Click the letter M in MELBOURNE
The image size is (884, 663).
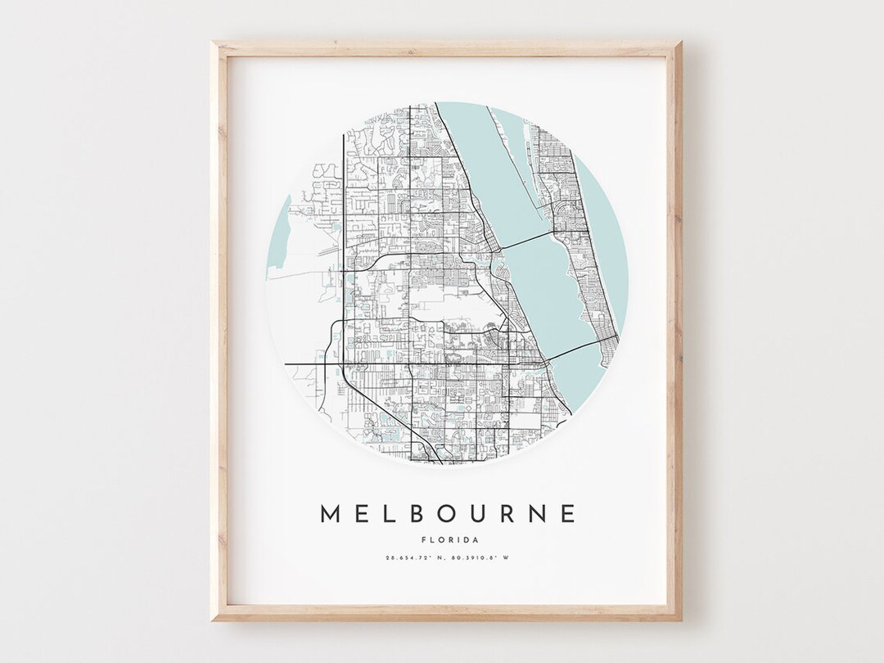pyautogui.click(x=328, y=513)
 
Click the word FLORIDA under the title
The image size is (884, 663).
pyautogui.click(x=447, y=539)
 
